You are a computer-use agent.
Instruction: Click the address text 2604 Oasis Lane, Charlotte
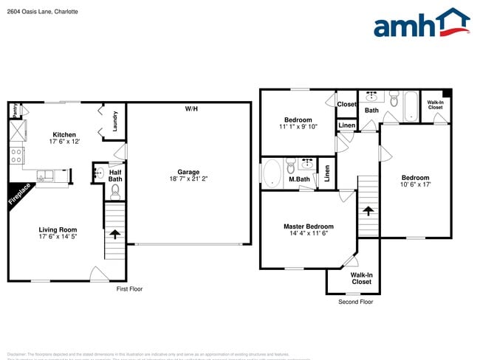[43, 12]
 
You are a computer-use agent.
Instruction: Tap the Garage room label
[188, 171]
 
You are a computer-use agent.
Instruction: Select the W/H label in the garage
[191, 109]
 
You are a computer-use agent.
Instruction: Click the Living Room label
[58, 229]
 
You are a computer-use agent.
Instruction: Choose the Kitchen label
[64, 134]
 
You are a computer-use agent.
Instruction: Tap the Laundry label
[115, 120]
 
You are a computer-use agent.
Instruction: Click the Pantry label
[14, 111]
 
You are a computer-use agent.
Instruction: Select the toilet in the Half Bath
[114, 192]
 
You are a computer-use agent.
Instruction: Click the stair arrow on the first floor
[114, 234]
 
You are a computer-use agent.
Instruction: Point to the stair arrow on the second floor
[367, 211]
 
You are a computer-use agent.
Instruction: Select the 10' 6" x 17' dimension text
[415, 184]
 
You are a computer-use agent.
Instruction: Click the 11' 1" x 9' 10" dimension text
[298, 127]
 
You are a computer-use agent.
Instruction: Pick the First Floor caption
[130, 288]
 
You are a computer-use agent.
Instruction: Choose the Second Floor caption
[356, 302]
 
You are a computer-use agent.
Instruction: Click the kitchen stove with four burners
[16, 155]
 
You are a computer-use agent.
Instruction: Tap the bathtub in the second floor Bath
[409, 105]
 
